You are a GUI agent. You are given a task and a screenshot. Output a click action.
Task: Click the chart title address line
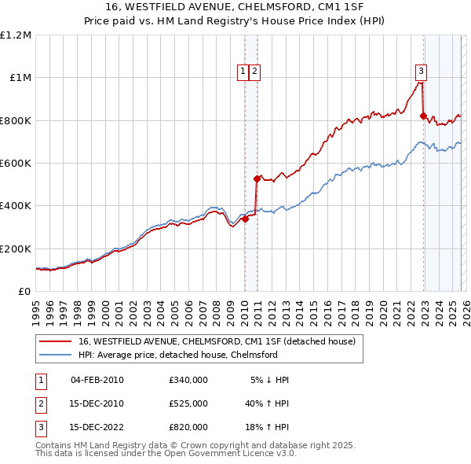(x=235, y=7)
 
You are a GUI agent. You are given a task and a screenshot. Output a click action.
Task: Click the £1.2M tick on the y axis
(x=16, y=35)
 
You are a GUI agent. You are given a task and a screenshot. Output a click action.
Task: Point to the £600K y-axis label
(x=16, y=164)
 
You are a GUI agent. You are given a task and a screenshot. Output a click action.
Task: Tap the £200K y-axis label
(x=16, y=249)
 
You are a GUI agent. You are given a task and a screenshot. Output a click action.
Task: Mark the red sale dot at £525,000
(x=257, y=179)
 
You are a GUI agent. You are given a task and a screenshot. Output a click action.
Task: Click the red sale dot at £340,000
(x=245, y=219)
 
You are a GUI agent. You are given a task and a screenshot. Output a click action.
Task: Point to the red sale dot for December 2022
(x=423, y=116)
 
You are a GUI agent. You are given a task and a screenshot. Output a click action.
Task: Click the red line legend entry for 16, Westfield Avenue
(x=217, y=341)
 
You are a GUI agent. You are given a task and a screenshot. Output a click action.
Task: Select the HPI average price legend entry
(x=177, y=355)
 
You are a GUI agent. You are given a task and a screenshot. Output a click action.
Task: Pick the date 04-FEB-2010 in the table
(x=97, y=380)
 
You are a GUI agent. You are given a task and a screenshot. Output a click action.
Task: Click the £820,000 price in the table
(x=188, y=427)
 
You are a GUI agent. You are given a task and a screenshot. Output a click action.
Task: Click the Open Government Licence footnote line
(x=166, y=453)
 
